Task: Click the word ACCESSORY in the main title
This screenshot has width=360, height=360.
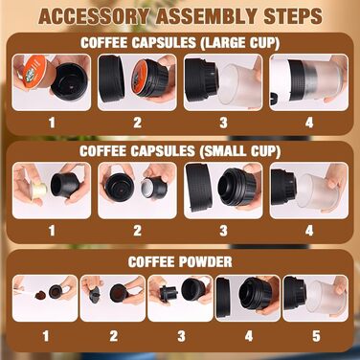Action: coord(94,16)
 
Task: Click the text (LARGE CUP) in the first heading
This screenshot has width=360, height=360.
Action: coord(239,43)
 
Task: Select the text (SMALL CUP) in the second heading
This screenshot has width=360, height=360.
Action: coord(239,151)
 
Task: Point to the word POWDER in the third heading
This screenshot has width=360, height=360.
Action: coord(206,262)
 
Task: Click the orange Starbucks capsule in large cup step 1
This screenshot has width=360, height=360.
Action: coord(33,72)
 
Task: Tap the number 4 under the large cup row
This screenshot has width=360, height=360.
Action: coord(309,123)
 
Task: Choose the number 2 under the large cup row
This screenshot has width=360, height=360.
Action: coord(137,123)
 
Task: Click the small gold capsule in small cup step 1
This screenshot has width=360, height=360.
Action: coord(39,191)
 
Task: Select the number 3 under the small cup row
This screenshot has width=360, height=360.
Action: coord(223,231)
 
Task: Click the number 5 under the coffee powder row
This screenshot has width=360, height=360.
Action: coord(316,336)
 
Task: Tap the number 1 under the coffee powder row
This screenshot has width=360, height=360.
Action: coord(46,336)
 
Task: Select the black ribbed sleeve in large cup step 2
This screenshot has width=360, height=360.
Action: coord(112,79)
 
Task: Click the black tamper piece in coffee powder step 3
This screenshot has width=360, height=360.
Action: coord(168,294)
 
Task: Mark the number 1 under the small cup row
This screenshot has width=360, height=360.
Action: coord(52,231)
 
